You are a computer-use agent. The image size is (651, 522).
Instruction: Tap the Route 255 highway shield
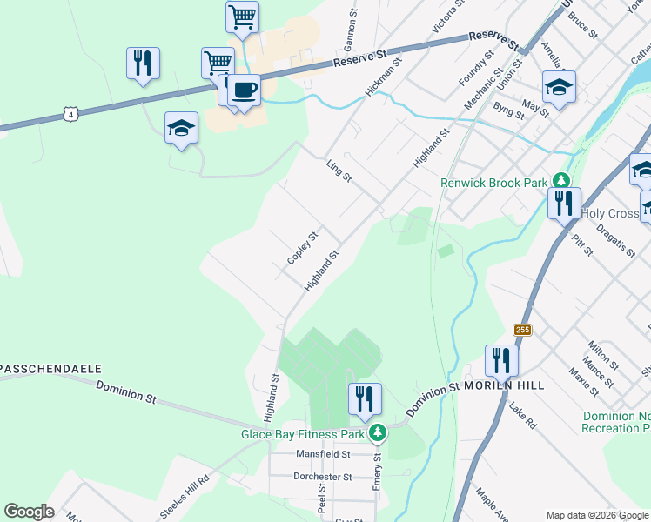[522, 330]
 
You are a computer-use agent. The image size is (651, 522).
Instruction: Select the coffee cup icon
[245, 90]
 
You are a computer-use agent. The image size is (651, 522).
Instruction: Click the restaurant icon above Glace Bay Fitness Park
[364, 398]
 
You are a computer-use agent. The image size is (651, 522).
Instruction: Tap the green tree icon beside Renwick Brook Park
[562, 181]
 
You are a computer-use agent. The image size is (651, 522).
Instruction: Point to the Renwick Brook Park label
[493, 183]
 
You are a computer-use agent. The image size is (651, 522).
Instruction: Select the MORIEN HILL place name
[504, 385]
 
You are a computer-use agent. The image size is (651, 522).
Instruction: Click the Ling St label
[339, 171]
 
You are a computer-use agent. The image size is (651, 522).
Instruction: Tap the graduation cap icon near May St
[559, 87]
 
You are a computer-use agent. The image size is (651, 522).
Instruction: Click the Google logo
[29, 512]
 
